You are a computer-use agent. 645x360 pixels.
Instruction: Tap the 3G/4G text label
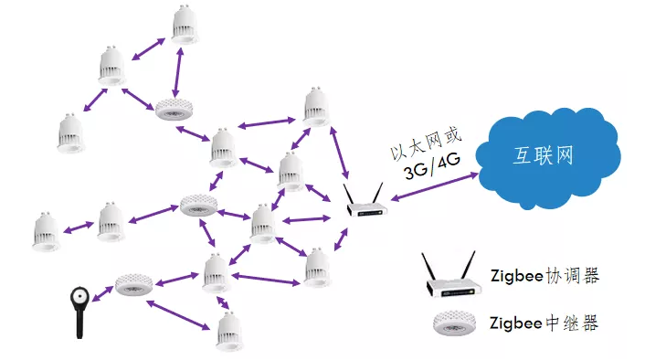[x=432, y=165]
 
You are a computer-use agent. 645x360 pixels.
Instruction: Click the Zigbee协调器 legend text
[x=545, y=275]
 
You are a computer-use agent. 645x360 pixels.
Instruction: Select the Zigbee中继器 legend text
[x=544, y=323]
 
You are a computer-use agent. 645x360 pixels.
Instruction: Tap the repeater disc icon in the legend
[x=455, y=323]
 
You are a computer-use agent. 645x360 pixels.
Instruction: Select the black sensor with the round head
[x=79, y=312]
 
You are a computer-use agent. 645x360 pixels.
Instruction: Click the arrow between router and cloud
[x=434, y=186]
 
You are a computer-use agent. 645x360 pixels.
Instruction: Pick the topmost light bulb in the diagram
[x=185, y=25]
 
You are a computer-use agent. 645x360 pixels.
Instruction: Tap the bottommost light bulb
[x=229, y=332]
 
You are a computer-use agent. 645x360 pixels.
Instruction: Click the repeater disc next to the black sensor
[x=133, y=284]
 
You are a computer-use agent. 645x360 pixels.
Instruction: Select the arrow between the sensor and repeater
[x=102, y=294]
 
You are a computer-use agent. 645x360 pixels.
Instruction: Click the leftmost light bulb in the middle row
[x=47, y=232]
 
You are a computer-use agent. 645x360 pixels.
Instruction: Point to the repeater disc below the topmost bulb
[x=174, y=109]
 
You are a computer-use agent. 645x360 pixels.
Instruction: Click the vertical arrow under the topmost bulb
[x=178, y=73]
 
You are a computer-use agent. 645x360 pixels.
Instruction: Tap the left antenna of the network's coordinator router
[x=349, y=194]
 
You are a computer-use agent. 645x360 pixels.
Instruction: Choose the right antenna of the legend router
[x=468, y=266]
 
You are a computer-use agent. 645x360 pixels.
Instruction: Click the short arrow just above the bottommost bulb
[x=223, y=302]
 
